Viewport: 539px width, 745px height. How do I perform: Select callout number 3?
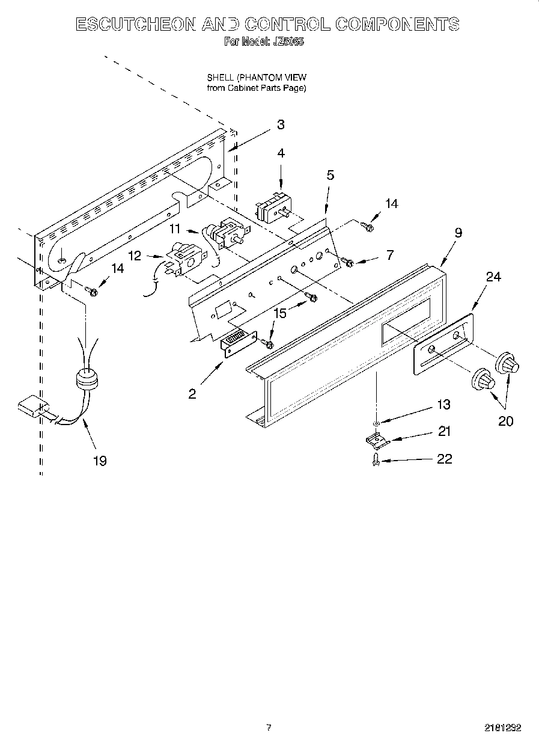280,125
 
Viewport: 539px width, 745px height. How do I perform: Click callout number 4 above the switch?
281,153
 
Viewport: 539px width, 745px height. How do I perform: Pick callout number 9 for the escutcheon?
458,233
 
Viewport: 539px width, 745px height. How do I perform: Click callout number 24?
493,277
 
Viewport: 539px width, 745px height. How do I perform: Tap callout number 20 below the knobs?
505,421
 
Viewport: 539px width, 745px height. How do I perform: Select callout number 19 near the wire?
99,461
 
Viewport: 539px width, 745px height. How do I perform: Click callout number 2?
192,394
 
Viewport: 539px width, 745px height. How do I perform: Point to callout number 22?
443,459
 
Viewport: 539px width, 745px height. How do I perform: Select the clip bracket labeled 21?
377,442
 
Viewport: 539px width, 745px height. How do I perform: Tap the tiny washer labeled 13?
376,425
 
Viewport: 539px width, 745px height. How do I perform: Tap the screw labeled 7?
347,262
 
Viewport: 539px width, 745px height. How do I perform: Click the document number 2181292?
502,728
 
